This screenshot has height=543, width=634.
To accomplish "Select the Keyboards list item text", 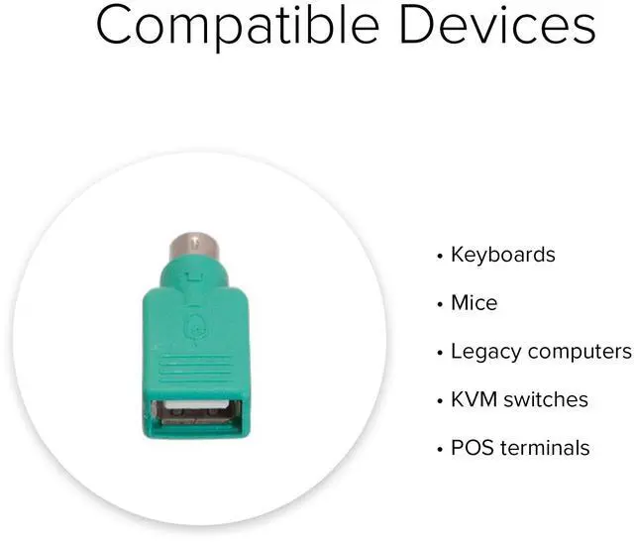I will click(x=502, y=255).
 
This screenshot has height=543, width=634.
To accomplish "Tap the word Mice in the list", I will click(x=474, y=303).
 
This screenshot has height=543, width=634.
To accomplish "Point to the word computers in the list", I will click(x=580, y=352).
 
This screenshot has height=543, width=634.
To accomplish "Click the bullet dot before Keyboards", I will click(x=440, y=256).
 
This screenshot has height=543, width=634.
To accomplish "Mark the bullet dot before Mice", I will click(x=440, y=304).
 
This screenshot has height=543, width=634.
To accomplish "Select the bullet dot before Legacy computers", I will click(x=440, y=353).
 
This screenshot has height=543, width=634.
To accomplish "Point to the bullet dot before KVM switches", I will click(x=440, y=400).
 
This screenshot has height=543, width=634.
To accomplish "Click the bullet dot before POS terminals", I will click(x=440, y=449).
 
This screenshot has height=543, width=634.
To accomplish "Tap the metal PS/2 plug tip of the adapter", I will click(x=194, y=244).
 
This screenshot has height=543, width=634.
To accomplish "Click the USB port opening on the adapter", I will click(x=196, y=412).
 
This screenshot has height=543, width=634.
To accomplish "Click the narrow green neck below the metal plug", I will click(x=194, y=272).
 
